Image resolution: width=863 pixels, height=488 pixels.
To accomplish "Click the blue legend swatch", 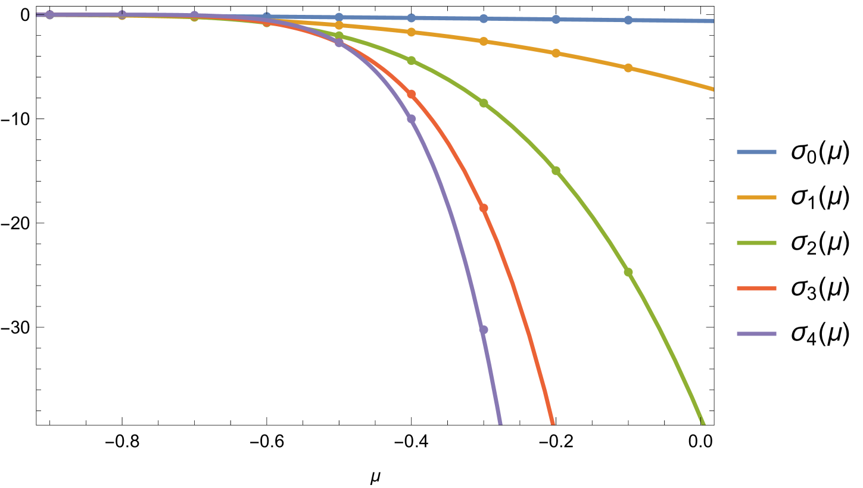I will [756, 152].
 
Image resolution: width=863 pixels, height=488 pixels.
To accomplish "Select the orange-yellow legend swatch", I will [756, 198].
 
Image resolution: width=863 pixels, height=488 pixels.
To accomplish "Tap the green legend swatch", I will [756, 243].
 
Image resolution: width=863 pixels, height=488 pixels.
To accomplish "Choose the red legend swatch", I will [756, 289].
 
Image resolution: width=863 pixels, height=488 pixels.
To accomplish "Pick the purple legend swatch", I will [756, 334].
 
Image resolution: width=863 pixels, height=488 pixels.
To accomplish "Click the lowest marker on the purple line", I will [484, 329].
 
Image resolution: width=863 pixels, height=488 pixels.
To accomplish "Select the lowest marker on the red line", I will [484, 208].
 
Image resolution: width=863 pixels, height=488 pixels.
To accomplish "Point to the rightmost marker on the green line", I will [628, 272].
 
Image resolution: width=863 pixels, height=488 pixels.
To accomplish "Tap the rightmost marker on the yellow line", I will [628, 68].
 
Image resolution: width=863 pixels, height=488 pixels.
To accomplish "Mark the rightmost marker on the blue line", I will [628, 20].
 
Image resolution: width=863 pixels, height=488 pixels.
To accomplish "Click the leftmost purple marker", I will [50, 14].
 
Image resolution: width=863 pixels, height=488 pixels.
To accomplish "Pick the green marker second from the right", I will [556, 171].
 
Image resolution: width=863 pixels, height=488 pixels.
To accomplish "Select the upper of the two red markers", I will [411, 94].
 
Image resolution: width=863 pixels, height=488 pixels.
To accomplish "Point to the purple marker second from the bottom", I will [411, 119].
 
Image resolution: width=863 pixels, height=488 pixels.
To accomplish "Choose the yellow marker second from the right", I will [556, 53].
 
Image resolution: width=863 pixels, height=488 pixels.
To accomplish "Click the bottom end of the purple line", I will [500, 423].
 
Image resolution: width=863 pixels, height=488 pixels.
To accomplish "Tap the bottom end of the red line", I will [553, 423].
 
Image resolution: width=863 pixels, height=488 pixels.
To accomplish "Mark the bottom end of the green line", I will [703, 423].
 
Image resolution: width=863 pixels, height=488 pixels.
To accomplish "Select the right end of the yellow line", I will [712, 89].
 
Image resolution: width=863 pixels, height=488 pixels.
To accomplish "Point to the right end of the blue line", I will [712, 21].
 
